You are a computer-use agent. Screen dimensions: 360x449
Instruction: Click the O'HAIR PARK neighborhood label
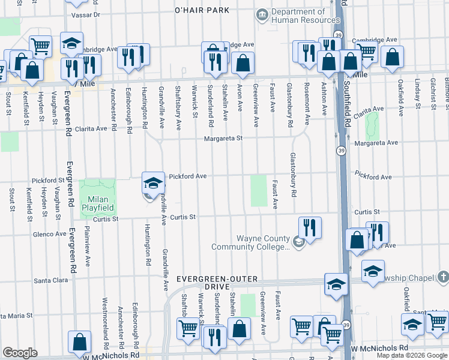(202, 11)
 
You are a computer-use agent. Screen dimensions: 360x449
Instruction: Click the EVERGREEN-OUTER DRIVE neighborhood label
(217, 283)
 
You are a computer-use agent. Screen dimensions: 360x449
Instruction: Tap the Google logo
(20, 353)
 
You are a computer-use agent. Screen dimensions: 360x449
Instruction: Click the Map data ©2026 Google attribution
(412, 355)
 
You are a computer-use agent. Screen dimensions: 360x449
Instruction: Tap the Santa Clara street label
(52, 280)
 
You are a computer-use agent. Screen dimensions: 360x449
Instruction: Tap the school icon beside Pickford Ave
(152, 182)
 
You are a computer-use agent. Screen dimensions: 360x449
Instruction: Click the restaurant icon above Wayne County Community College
(309, 227)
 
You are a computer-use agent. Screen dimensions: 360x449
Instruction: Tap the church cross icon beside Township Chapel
(443, 277)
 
